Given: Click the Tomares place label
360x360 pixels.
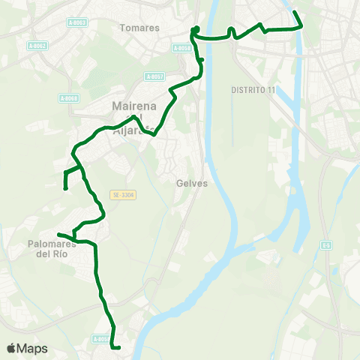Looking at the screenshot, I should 139,28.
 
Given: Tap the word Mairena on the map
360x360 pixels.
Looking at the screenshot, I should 133,106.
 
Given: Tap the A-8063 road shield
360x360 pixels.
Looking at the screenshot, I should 76,22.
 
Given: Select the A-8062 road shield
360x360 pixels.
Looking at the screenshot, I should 37,46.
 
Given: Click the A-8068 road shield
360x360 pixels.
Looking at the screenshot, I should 68,97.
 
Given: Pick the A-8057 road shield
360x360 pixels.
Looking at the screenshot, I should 154,76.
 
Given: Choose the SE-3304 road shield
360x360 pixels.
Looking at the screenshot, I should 123,196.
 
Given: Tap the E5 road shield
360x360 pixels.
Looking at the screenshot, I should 326,244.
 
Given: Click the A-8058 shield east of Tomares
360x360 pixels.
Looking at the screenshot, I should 182,48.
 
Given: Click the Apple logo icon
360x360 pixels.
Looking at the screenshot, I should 11,348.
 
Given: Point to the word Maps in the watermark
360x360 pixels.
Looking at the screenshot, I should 32,348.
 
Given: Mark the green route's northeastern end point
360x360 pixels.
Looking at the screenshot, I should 295,12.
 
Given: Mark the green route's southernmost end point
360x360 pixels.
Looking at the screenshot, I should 119,347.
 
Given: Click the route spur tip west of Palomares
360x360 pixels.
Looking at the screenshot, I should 58,235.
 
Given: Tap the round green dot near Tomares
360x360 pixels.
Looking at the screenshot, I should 195,30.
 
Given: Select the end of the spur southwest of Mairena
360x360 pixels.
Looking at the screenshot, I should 66,187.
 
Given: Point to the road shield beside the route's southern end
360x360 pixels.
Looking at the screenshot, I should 101,339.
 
